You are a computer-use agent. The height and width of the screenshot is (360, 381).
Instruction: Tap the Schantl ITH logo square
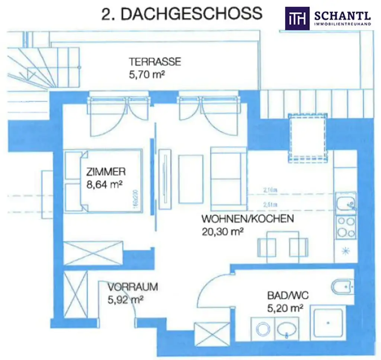coord(297,18)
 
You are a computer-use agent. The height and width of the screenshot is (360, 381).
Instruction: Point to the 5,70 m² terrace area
coord(146,74)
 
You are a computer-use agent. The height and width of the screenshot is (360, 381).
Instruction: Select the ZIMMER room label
coord(106,172)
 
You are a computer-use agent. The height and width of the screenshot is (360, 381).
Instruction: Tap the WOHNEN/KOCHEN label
coord(247,218)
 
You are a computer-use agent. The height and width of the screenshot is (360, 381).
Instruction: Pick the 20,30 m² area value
coord(222,231)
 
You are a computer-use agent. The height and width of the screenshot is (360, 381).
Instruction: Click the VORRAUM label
coord(133,287)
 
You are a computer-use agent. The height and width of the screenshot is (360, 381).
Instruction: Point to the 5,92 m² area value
coord(126,299)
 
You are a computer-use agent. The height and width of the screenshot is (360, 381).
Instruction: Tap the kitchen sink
coord(346,204)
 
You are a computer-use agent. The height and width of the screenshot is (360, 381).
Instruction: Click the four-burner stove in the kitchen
coord(346,227)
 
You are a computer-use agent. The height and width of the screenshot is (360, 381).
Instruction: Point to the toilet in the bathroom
coord(342,287)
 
